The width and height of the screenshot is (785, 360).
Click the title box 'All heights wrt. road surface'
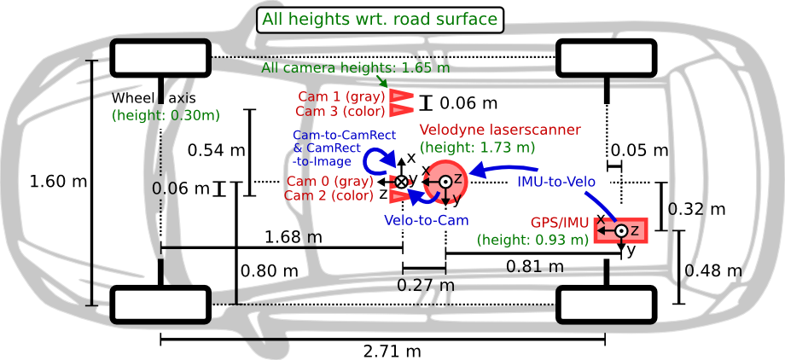pos(380,20)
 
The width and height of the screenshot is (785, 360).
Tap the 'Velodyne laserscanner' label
pos(500,130)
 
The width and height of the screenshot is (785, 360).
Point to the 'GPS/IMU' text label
pos(560,223)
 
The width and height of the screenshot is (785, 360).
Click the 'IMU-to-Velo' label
pos(562,182)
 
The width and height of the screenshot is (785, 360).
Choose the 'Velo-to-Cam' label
pos(426,221)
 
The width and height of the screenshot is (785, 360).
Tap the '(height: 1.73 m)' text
pos(478,147)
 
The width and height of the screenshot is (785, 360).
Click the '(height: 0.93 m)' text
pos(532,240)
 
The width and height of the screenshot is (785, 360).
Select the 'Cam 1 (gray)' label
pos(340,97)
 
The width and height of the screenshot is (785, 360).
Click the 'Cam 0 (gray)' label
pos(329,181)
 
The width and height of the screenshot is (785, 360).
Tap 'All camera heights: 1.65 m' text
pos(356,67)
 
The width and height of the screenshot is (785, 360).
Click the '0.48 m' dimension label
pos(719,271)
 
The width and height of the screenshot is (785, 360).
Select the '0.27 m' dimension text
pos(425,285)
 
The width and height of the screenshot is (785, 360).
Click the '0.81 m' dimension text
pos(534,267)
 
